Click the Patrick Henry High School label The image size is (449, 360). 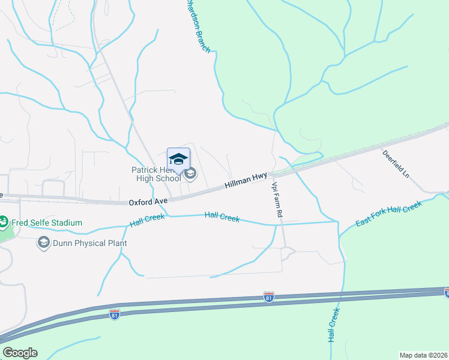coord(156,174)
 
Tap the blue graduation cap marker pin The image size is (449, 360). coord(178,160)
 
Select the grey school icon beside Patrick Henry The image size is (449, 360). coord(190,174)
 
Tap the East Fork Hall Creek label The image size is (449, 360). coord(389,214)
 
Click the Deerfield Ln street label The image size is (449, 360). coord(396,164)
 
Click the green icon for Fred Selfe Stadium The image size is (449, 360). coord(3,223)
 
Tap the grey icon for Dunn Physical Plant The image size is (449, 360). coord(43,242)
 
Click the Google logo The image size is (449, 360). coord(20,353)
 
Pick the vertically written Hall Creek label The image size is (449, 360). coord(334,324)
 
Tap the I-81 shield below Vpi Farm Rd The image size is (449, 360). coord(268,296)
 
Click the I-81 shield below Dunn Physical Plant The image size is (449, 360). coord(115,313)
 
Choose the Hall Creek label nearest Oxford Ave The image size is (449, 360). coord(147,220)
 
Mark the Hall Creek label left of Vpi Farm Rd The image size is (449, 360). coord(222,217)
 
